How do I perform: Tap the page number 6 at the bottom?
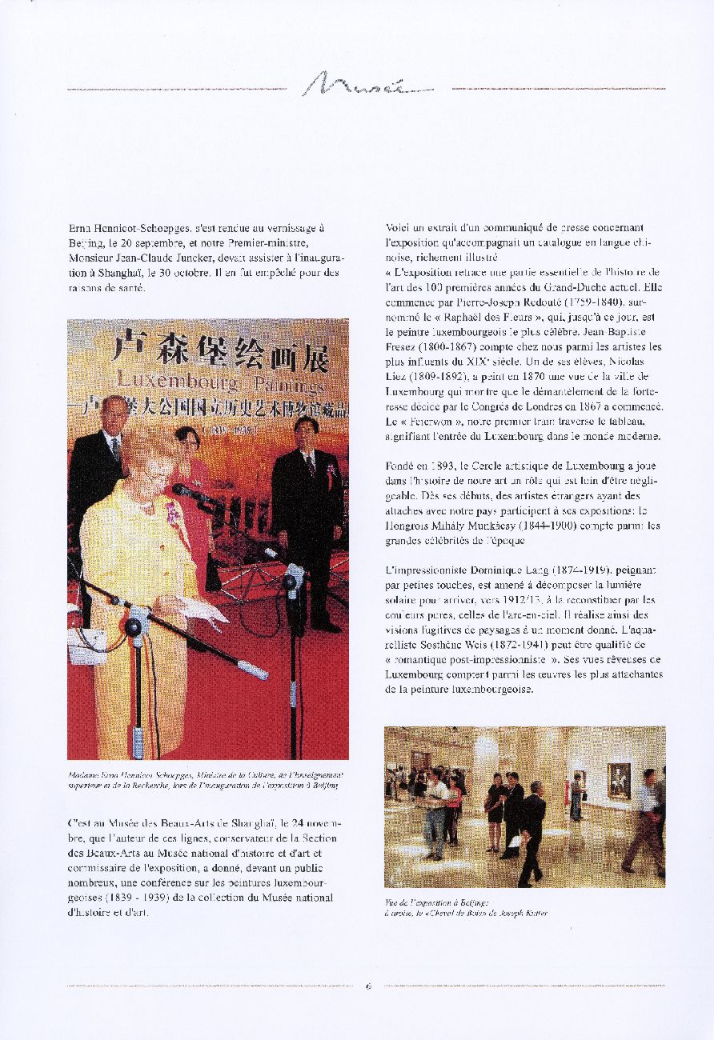tap(368, 986)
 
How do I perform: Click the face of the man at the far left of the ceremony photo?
tap(114, 414)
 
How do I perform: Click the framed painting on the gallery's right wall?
tap(618, 780)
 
